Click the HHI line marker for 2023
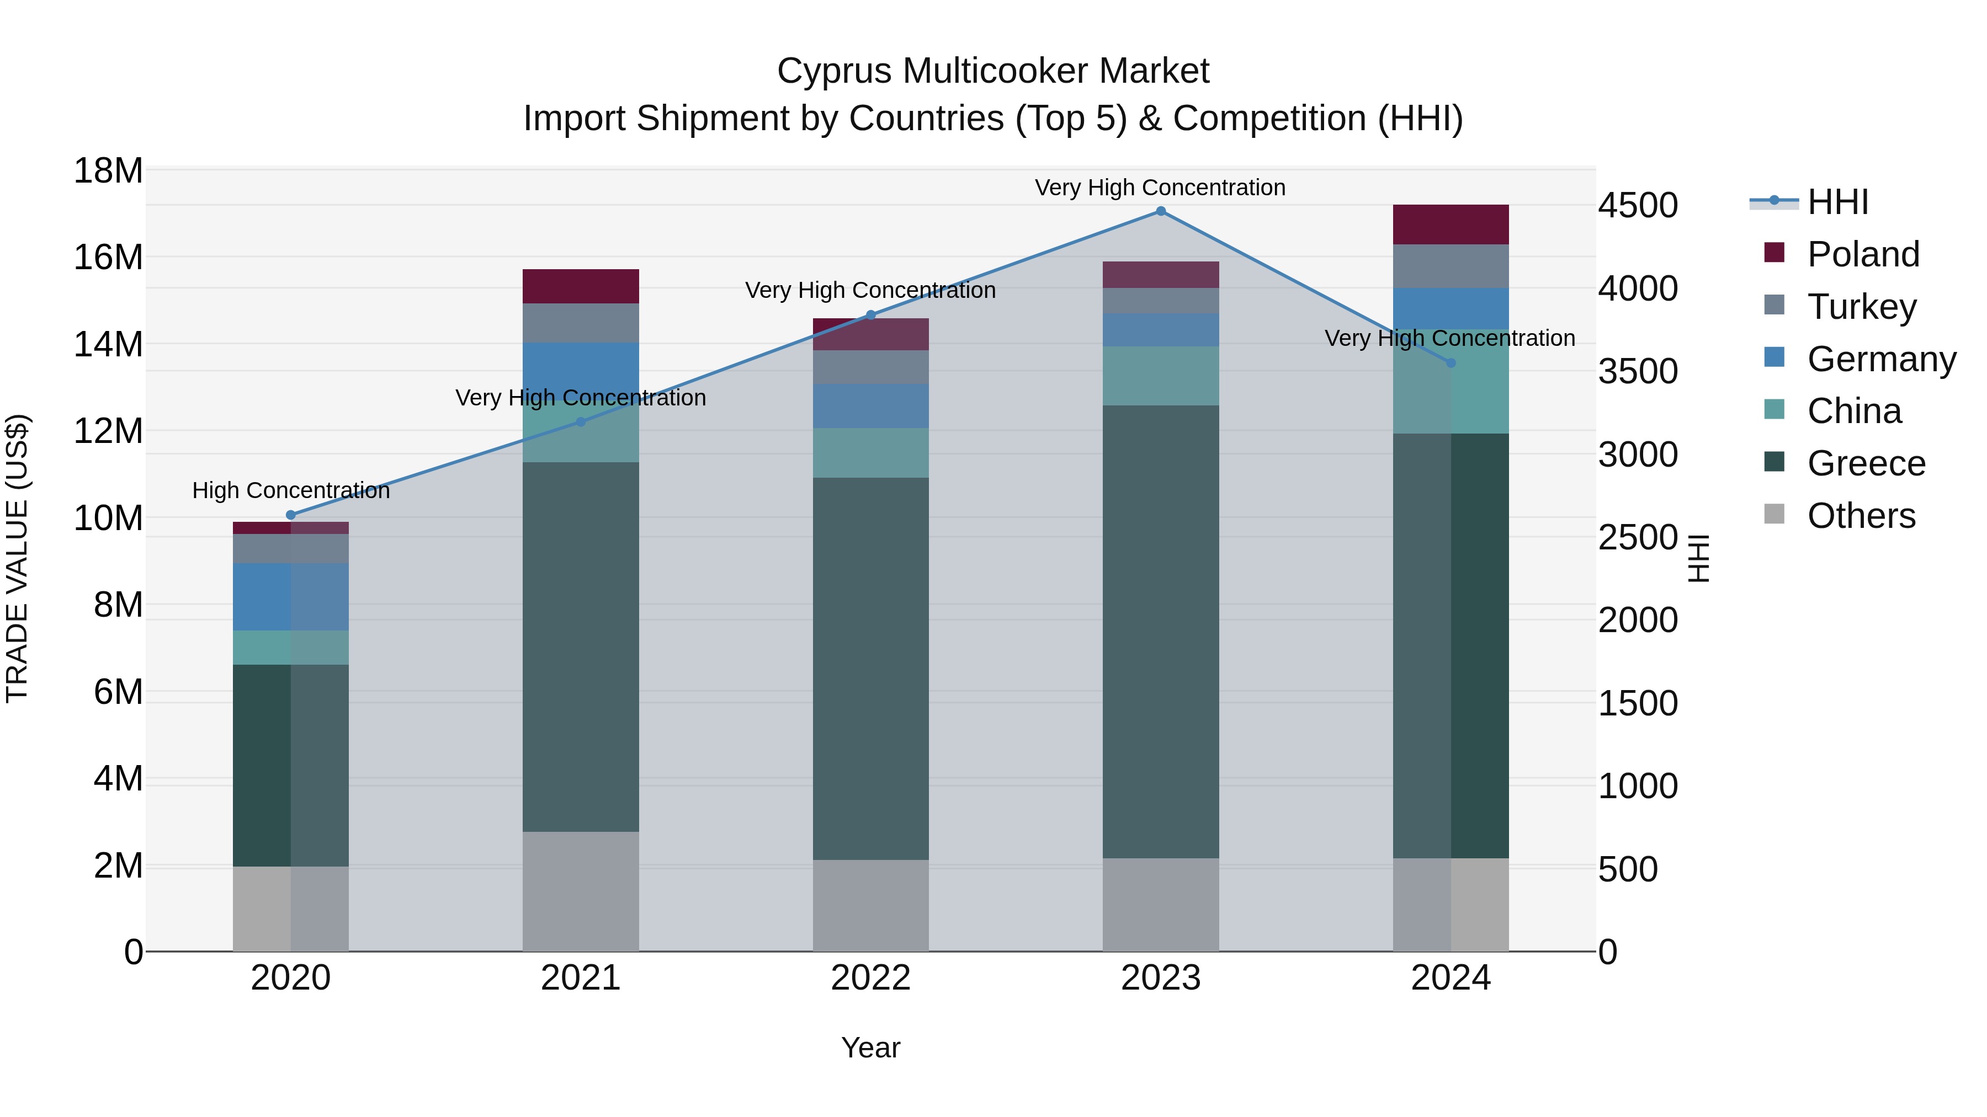1160,211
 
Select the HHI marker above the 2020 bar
291,515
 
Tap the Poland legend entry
1862,254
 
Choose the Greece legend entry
1865,463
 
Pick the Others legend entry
1861,516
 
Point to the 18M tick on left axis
108,170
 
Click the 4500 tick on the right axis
1637,206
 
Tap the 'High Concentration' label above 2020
291,490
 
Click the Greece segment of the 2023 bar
1160,632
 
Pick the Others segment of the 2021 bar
580,891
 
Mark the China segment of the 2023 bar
1160,376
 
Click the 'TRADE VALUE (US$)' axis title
17,558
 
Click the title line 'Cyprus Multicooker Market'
993,71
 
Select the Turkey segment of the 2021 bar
580,323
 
